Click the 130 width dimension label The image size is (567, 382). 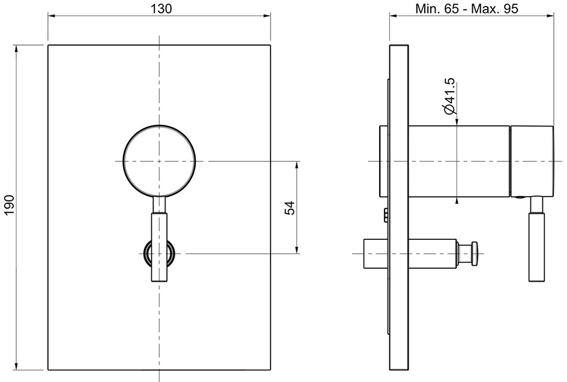tap(159, 8)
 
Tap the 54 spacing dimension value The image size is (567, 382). tap(289, 207)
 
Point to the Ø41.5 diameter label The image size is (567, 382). tap(449, 97)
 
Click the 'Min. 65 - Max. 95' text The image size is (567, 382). tap(467, 8)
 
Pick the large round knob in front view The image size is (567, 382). tap(159, 161)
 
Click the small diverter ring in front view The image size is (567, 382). tap(159, 253)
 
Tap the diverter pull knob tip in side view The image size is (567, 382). tap(475, 253)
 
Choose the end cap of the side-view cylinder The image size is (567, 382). tap(532, 161)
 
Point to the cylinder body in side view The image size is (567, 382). tap(459, 161)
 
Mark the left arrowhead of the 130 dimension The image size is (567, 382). tap(51, 17)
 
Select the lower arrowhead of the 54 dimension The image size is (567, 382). tap(297, 250)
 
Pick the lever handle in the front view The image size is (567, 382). tap(159, 243)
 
